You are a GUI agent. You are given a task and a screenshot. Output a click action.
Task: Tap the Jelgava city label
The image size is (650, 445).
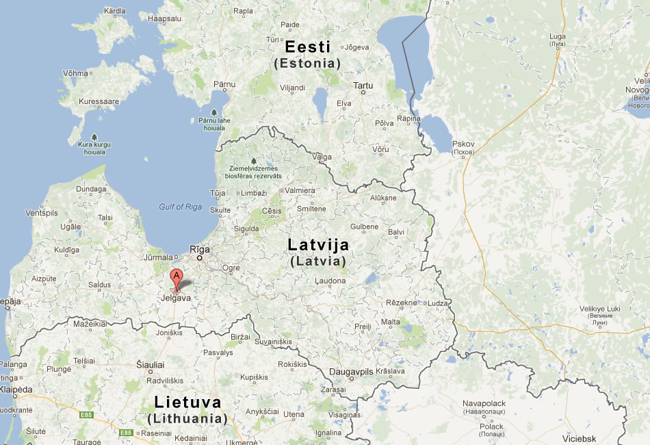coord(174,298)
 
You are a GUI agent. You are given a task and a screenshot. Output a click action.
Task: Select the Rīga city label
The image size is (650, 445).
coord(200,249)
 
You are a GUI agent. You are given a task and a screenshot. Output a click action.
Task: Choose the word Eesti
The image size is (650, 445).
coord(307,47)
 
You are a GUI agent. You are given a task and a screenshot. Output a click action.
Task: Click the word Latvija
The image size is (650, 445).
coord(318,245)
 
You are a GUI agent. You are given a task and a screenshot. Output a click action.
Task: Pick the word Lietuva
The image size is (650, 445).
coord(187,402)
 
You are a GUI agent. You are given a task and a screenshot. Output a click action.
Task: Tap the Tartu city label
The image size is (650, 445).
coord(363,86)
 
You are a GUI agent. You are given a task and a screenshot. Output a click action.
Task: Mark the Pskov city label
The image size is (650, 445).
coord(463,143)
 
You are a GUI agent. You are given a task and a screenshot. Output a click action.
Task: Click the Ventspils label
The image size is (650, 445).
coord(42,213)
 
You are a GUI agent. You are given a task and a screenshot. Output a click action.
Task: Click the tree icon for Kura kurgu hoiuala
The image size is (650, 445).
coord(94,137)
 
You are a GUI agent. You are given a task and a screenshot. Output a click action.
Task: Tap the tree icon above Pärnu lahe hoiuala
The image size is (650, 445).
coord(214,112)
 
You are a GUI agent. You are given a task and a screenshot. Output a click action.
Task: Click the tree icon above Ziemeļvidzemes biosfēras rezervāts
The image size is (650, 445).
coord(254,161)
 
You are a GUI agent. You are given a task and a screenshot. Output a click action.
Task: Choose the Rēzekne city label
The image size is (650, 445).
coord(401,302)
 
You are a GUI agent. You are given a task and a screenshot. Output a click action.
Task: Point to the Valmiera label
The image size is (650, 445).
coord(300,190)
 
